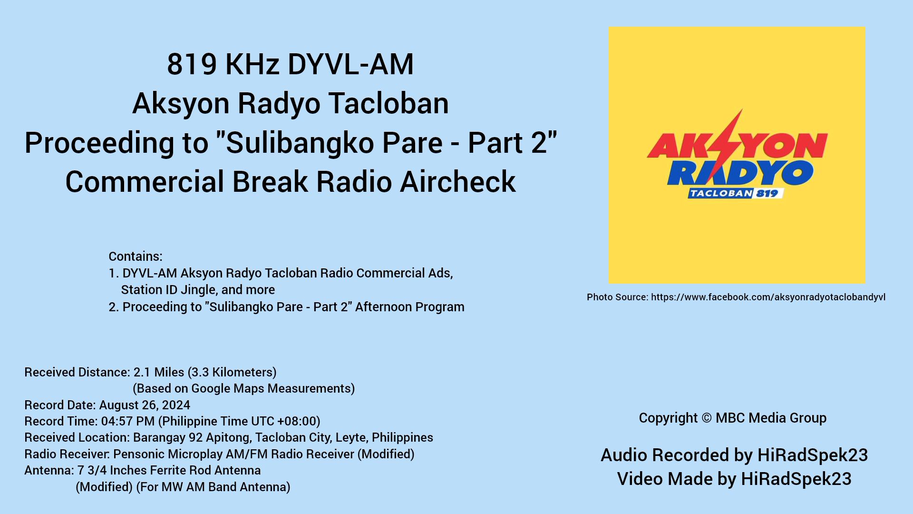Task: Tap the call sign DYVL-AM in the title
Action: (x=351, y=64)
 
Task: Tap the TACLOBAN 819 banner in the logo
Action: (x=735, y=193)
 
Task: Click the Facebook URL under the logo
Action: (x=768, y=297)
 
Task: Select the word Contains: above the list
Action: (x=136, y=257)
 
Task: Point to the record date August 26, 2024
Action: (x=145, y=405)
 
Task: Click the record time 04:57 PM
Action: (x=128, y=421)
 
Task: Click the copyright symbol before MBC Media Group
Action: (x=707, y=418)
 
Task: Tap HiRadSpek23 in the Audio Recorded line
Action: (x=813, y=455)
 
